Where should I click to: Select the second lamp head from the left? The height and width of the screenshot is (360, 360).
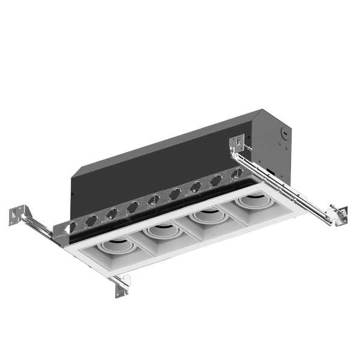point(161,229)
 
